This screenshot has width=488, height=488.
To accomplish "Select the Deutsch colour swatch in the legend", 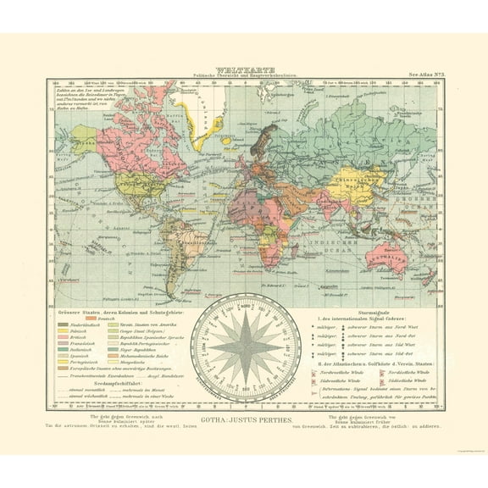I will [x=98, y=317].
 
